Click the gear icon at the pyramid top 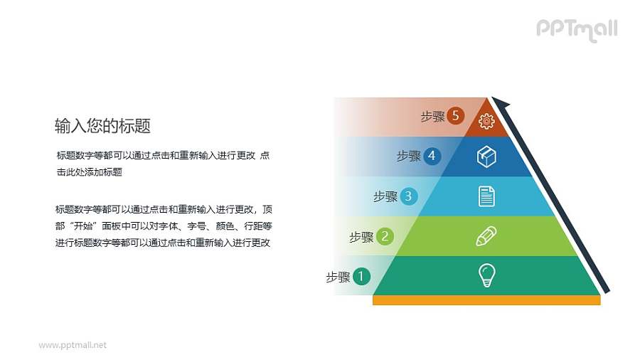pos(486,122)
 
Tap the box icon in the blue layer pos(486,157)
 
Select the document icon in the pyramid pos(486,196)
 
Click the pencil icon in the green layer pos(486,235)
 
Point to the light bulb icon pos(486,275)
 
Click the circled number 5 pos(456,116)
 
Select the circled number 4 pos(432,156)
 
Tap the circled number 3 pos(408,196)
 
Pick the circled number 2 pos(384,236)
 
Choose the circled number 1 pos(361,277)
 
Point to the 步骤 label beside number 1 pos(338,277)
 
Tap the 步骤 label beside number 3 pos(385,197)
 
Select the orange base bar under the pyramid pos(486,300)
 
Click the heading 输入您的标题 pos(102,126)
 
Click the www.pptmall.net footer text pos(73,345)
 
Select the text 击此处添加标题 pos(90,172)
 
